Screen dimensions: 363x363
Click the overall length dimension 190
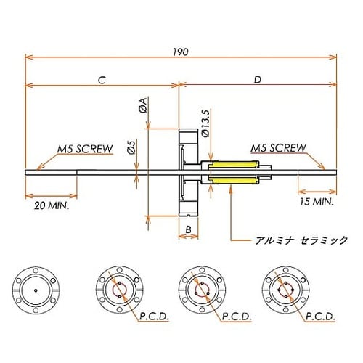[x=181, y=52]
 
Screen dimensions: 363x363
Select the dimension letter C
[x=102, y=80]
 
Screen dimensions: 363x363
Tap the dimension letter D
[x=258, y=80]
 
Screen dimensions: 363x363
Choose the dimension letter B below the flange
[x=187, y=230]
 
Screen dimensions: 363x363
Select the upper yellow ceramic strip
[x=234, y=165]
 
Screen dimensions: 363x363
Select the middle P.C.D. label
[x=237, y=317]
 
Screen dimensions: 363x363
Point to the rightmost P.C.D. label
[x=319, y=317]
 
